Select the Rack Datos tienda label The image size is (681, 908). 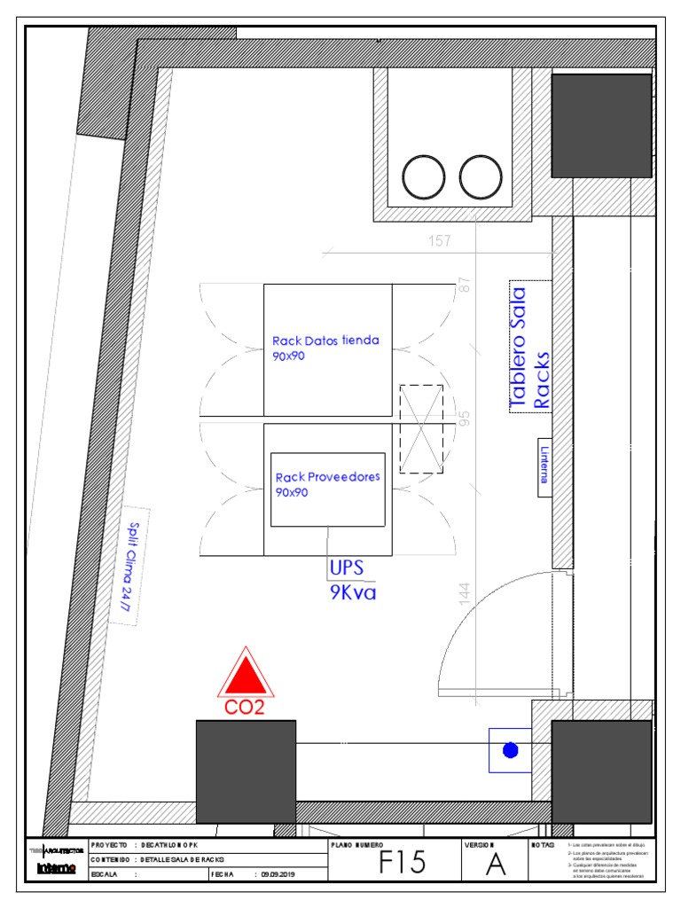click(x=325, y=347)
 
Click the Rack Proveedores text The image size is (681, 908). click(x=327, y=483)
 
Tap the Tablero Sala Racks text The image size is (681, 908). click(x=530, y=348)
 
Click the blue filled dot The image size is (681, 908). click(x=510, y=751)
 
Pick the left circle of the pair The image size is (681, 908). click(x=424, y=176)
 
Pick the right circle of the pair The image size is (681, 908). click(x=481, y=176)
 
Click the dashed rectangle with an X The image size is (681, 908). click(x=421, y=429)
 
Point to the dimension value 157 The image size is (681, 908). click(x=440, y=240)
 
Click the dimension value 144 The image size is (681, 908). click(x=466, y=593)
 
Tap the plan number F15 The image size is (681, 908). click(x=402, y=863)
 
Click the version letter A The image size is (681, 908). click(x=496, y=865)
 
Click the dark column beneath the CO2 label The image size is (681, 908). click(x=246, y=771)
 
